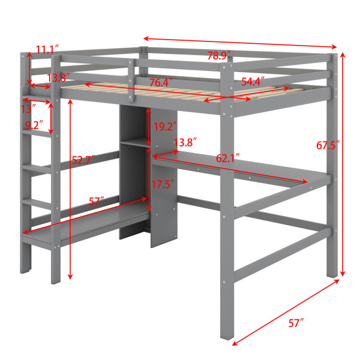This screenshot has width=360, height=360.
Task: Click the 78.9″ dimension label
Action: click(x=219, y=56)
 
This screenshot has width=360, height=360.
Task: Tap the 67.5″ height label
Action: click(x=328, y=145)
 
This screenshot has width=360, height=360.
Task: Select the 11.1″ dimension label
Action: click(x=47, y=50)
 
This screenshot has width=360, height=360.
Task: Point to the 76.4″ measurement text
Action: click(x=161, y=82)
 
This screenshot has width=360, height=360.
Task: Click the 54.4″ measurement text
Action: click(x=253, y=82)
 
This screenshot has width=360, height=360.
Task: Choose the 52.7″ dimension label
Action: click(x=83, y=160)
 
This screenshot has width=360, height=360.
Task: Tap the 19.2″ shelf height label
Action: click(x=165, y=127)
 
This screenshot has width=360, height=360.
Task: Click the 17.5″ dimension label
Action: click(x=163, y=184)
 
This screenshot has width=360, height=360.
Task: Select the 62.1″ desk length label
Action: click(x=228, y=158)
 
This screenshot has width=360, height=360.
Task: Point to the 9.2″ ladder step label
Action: click(x=34, y=125)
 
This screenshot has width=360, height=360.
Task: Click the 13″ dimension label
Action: click(x=28, y=109)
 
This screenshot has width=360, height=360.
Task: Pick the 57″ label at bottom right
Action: click(x=296, y=323)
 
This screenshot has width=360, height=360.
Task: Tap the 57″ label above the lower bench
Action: click(x=97, y=202)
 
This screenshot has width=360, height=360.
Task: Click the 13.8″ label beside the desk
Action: click(x=185, y=143)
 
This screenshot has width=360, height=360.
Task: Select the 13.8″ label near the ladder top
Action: click(x=58, y=78)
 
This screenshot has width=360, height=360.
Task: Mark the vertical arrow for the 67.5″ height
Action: click(x=343, y=164)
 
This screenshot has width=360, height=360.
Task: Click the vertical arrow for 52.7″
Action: click(x=70, y=190)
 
